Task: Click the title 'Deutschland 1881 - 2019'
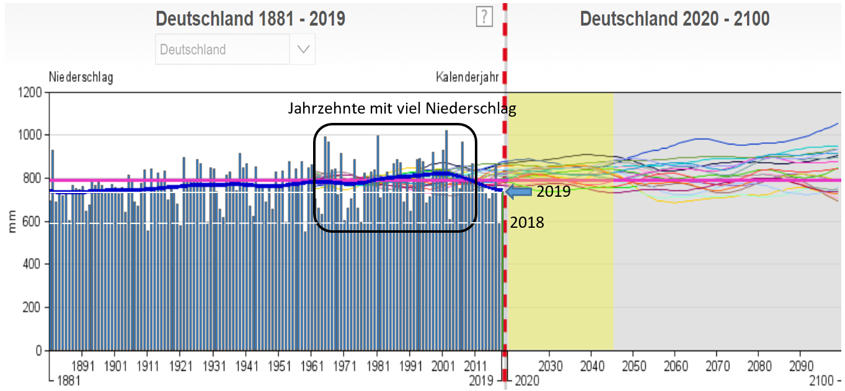coord(250,19)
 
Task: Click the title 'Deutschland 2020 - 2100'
coord(675,19)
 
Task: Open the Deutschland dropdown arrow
coord(303,50)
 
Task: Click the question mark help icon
coord(484,17)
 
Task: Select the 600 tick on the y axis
coord(33,222)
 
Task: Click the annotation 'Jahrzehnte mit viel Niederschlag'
coord(402,109)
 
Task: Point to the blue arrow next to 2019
coord(518,192)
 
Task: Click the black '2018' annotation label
coord(527,222)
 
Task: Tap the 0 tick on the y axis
coord(38,351)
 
